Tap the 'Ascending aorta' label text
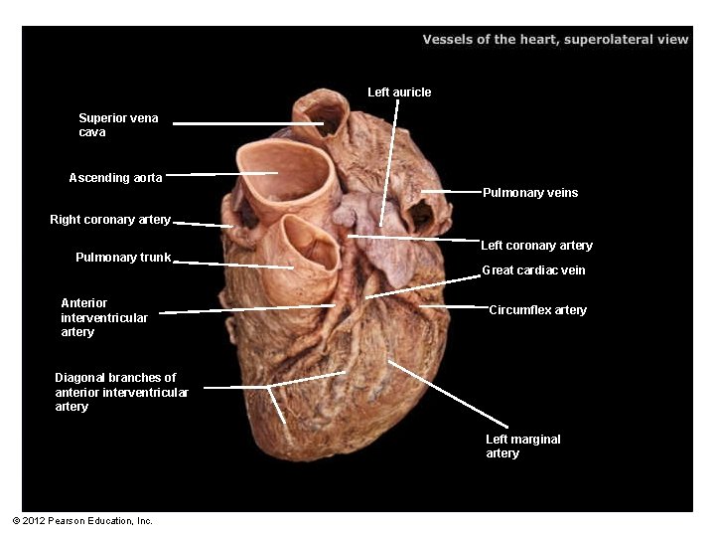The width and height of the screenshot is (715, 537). pyautogui.click(x=115, y=178)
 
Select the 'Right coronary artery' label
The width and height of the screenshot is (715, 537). pyautogui.click(x=110, y=220)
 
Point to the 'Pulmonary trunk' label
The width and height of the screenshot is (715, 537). pyautogui.click(x=123, y=258)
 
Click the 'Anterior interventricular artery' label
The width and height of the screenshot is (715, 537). pyautogui.click(x=104, y=317)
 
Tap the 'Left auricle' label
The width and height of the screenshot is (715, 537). pyautogui.click(x=399, y=92)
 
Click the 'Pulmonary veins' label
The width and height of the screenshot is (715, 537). pyautogui.click(x=530, y=193)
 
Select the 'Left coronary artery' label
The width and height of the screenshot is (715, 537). pyautogui.click(x=536, y=246)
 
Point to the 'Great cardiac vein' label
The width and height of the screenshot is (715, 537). pyautogui.click(x=533, y=270)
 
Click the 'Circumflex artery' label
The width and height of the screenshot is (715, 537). pyautogui.click(x=538, y=310)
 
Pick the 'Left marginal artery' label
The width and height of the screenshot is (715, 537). pyautogui.click(x=522, y=446)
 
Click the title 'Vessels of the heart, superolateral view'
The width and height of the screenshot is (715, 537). pyautogui.click(x=555, y=40)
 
